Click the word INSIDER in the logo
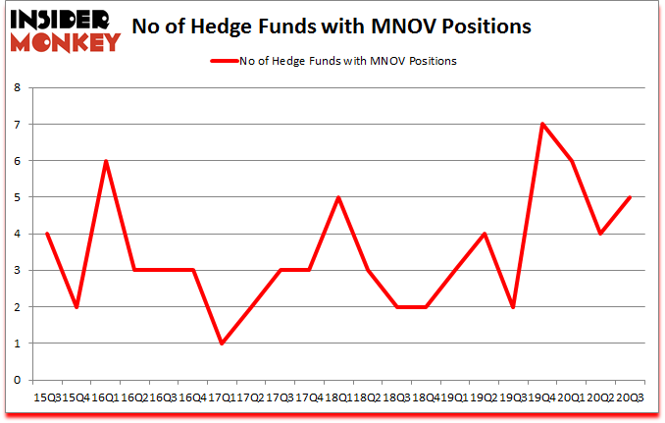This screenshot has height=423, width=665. tap(58, 17)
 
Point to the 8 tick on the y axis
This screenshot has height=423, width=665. tap(19, 87)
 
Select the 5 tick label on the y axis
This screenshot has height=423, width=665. tap(19, 197)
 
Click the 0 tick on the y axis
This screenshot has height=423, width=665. tap(19, 380)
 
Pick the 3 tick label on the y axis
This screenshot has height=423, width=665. tap(19, 270)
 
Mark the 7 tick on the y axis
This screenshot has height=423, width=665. tap(19, 124)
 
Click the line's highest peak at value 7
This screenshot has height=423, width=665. tap(541, 124)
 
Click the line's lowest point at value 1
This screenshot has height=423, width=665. tap(222, 343)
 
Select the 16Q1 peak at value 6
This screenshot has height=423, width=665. tap(105, 161)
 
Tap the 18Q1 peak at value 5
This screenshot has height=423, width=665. tap(337, 197)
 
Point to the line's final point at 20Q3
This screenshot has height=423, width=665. tap(629, 197)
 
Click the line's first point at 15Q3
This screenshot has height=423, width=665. tap(47, 234)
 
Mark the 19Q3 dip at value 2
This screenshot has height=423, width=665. tap(512, 306)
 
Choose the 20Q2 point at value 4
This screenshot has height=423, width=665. tap(599, 234)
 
